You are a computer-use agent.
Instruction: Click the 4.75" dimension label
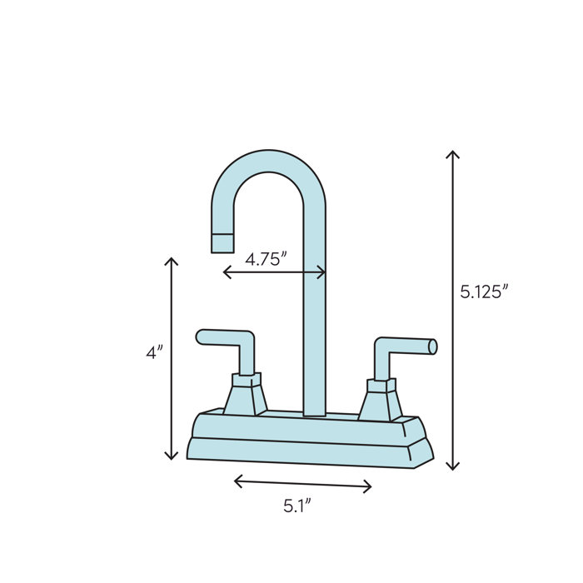point(266,258)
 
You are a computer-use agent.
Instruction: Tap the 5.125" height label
point(484,291)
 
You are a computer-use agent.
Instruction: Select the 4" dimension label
point(154,352)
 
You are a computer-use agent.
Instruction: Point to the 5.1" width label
point(297,505)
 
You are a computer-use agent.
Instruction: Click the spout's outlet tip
point(222,243)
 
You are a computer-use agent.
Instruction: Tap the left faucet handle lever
point(226,338)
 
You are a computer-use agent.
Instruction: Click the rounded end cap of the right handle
point(432,346)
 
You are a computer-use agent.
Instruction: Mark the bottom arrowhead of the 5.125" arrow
point(452,466)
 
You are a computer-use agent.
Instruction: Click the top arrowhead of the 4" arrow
point(172,261)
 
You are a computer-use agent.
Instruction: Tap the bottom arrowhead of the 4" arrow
point(172,456)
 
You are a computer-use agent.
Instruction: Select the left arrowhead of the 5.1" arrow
point(237,481)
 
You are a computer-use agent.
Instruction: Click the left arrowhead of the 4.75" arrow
point(226,272)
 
